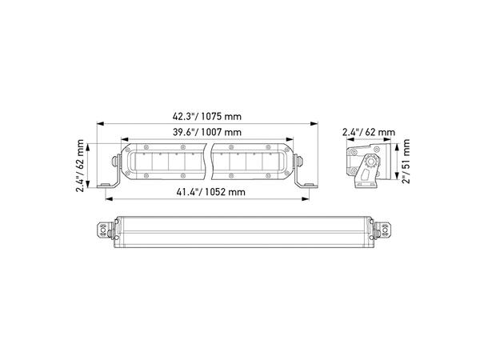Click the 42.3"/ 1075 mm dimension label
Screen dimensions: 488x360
coord(207,117)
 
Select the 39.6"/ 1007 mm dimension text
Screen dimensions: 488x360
coord(207,132)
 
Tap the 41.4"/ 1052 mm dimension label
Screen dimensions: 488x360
coord(210,192)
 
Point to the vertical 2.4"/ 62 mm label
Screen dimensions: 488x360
coord(80,166)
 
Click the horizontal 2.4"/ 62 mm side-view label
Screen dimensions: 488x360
coord(369,132)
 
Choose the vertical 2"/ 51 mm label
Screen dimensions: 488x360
coord(406,161)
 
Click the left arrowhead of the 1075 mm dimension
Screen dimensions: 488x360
coord(100,124)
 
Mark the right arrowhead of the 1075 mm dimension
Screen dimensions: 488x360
coord(314,124)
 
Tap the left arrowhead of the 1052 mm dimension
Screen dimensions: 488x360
coord(109,199)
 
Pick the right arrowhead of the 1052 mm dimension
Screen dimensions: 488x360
coord(306,199)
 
